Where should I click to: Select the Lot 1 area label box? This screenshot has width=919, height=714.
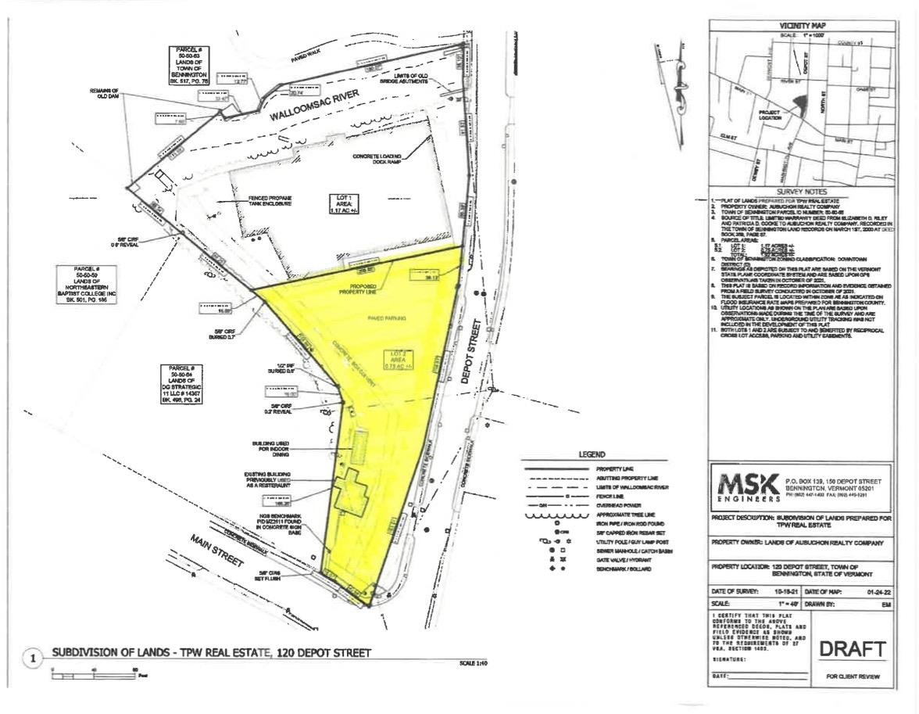(341, 205)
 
